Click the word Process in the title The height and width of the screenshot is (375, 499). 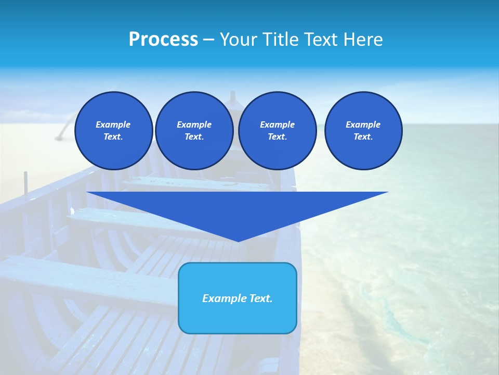[x=163, y=40]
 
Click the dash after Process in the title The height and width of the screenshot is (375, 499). [x=209, y=40]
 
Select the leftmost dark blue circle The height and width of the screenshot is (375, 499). [x=114, y=131]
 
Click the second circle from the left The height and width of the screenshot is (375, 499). [x=194, y=131]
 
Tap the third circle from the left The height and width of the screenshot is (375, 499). [x=278, y=131]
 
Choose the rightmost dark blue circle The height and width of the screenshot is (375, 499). [x=363, y=131]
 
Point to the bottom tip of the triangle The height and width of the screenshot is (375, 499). [x=238, y=241]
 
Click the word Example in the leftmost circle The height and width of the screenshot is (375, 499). [x=113, y=124]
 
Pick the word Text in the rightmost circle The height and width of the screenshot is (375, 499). [x=363, y=137]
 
